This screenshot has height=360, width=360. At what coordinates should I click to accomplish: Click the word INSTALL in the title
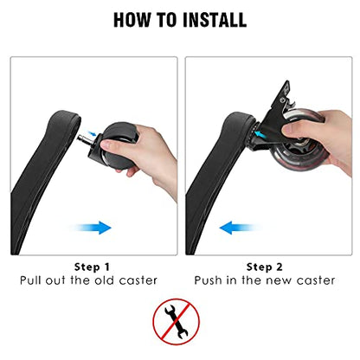(x=215, y=20)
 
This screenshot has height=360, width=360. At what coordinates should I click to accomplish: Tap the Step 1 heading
(x=92, y=267)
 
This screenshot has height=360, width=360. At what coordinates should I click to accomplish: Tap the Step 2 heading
(x=264, y=267)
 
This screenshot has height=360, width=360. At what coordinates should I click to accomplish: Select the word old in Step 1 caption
(x=106, y=280)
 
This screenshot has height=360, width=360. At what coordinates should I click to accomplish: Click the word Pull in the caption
(x=31, y=280)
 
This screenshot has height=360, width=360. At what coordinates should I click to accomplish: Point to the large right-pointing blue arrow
(x=93, y=228)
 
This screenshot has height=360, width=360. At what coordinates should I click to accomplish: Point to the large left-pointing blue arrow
(x=237, y=228)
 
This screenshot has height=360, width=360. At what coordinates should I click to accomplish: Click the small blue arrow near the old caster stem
(x=93, y=133)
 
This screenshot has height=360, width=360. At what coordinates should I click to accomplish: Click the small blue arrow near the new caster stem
(x=260, y=133)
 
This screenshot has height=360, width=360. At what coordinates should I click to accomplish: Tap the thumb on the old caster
(x=111, y=145)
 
